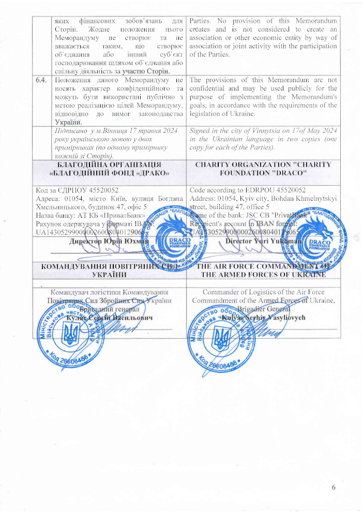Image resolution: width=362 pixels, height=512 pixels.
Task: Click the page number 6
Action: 334,488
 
